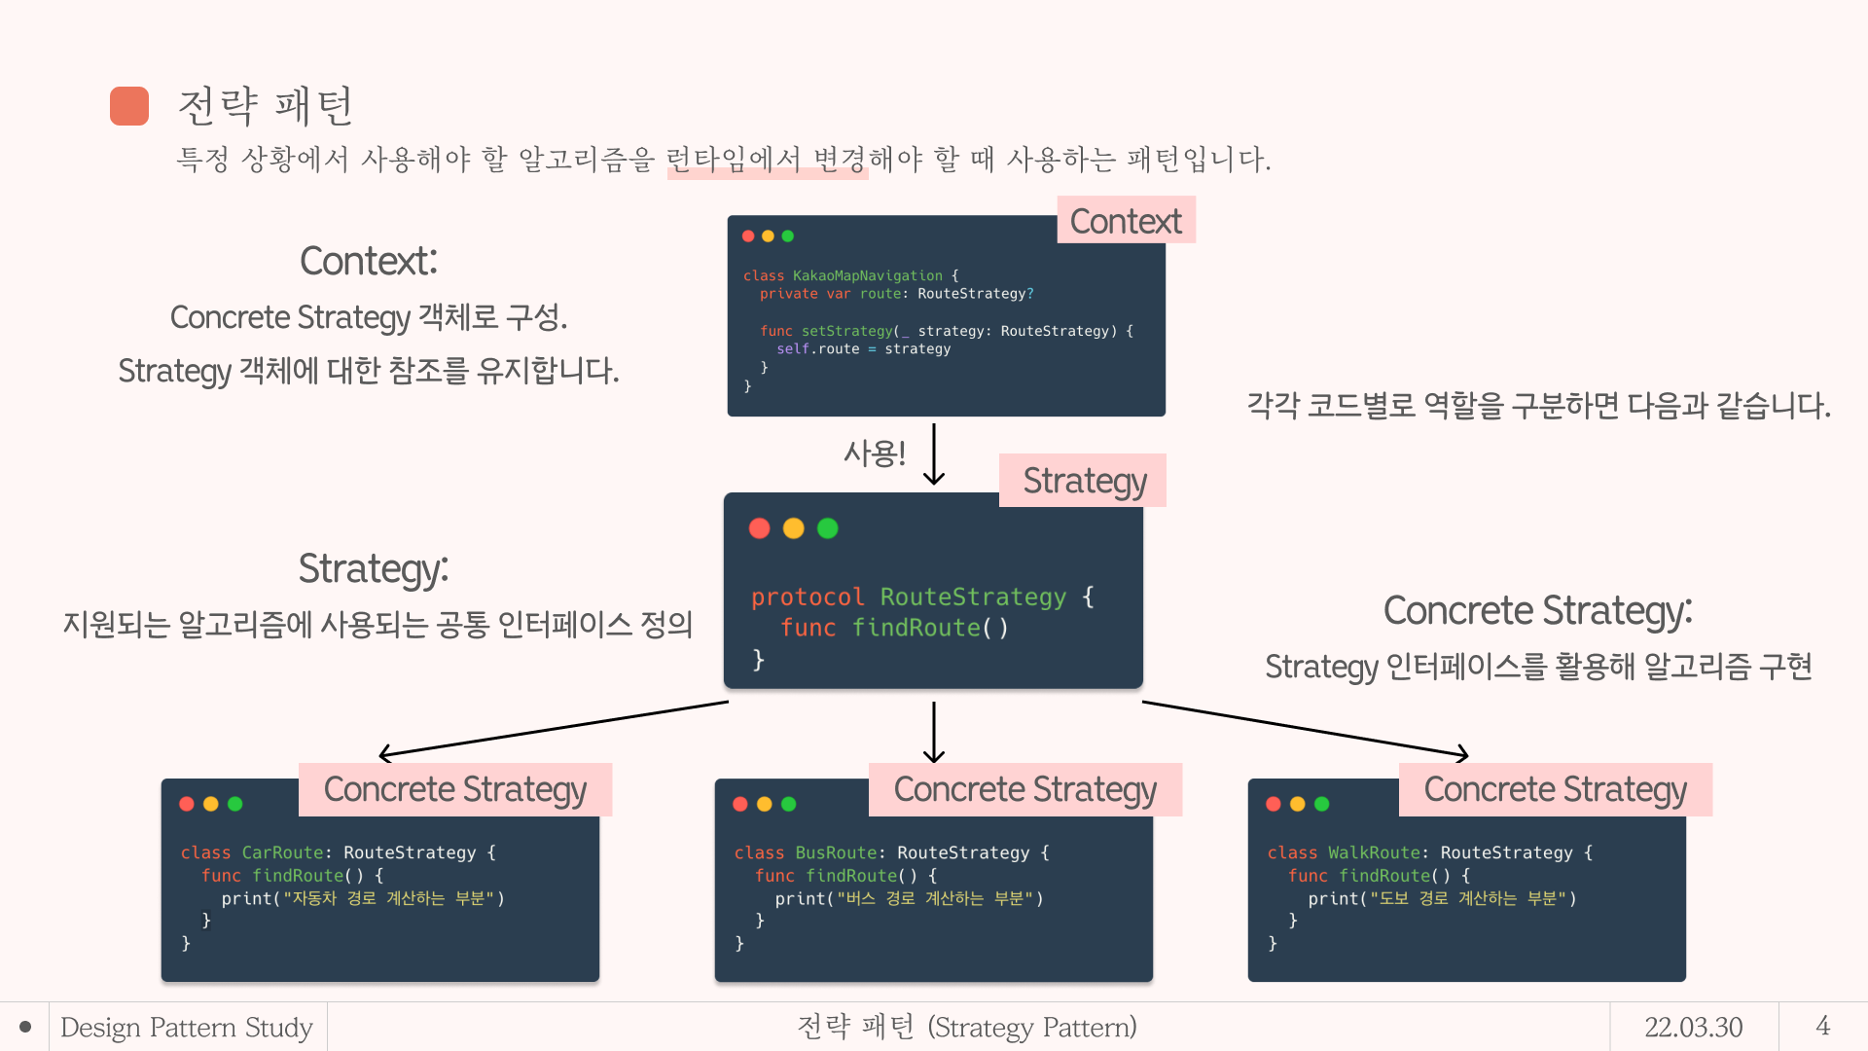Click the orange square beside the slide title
pos(129,106)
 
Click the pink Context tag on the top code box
pos(1126,221)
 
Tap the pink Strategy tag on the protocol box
pos(1084,481)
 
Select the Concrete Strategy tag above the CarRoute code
pos(454,789)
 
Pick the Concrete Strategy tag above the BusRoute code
pos(1024,789)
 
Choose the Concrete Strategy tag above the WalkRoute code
pos(1555,789)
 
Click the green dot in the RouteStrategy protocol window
pos(828,528)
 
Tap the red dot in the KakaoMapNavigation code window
pos(748,236)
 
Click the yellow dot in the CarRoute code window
pos(211,804)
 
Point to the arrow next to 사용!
pos(934,453)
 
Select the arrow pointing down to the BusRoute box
pos(934,732)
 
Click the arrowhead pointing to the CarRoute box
pos(384,753)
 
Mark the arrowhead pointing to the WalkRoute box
pos(1462,753)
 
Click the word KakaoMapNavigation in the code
pos(867,276)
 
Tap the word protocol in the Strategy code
pos(808,598)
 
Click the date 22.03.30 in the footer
pos(1693,1027)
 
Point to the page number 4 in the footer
pos(1822,1026)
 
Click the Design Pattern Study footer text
pos(187,1027)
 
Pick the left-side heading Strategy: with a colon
pos(374,569)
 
